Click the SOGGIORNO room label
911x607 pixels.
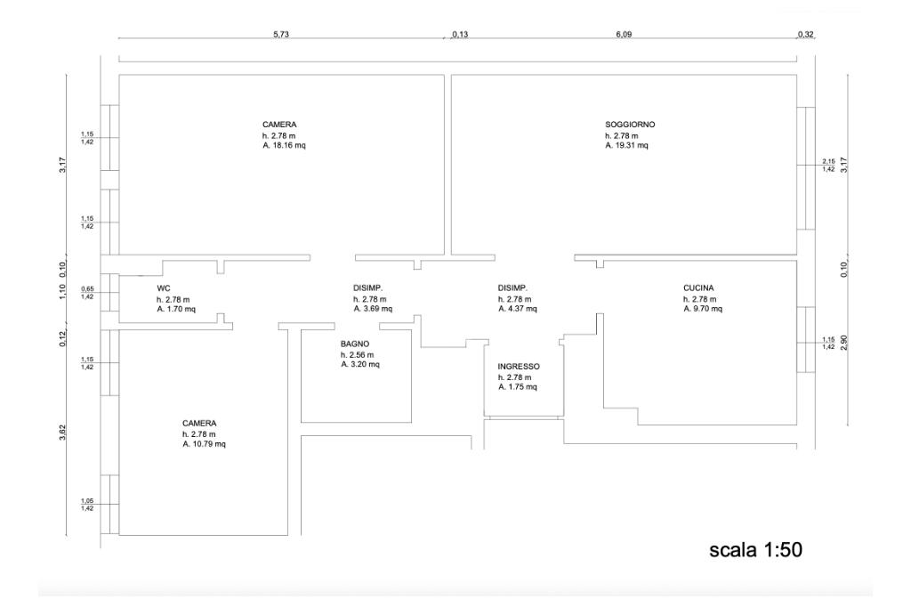(630, 125)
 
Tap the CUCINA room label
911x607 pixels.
(698, 288)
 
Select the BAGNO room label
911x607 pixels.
(354, 344)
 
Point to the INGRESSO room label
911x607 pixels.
(519, 367)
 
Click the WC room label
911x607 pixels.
(163, 288)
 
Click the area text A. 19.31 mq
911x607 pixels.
(627, 145)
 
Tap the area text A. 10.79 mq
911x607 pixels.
(205, 444)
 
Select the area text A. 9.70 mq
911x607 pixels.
(703, 309)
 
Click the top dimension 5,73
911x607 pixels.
(281, 34)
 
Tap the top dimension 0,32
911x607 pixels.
(806, 34)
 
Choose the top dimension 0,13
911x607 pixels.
(460, 34)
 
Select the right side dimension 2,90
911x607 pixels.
(842, 343)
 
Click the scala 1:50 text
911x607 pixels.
(755, 550)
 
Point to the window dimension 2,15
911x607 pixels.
(828, 161)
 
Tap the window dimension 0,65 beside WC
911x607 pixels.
(87, 289)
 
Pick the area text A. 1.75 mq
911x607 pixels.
(518, 387)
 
